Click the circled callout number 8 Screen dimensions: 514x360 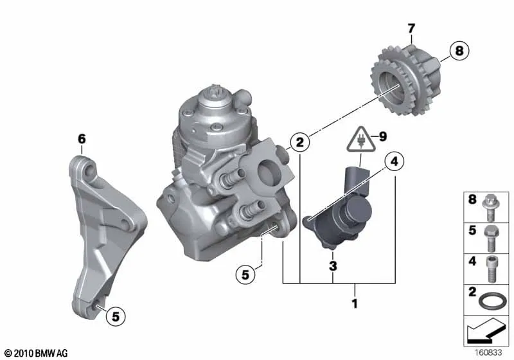coord(459,51)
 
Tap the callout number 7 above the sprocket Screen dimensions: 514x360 coord(411,28)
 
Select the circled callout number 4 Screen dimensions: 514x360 coord(394,161)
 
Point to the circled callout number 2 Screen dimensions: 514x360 coord(299,142)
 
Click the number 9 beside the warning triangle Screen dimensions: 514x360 coord(382,136)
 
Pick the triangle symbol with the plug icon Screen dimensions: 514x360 coord(360,139)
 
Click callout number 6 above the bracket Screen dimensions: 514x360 coord(82,139)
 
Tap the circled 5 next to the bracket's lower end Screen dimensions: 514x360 coord(116,316)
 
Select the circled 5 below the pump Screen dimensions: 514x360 coord(245,274)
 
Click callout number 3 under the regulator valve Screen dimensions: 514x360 coord(333,266)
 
